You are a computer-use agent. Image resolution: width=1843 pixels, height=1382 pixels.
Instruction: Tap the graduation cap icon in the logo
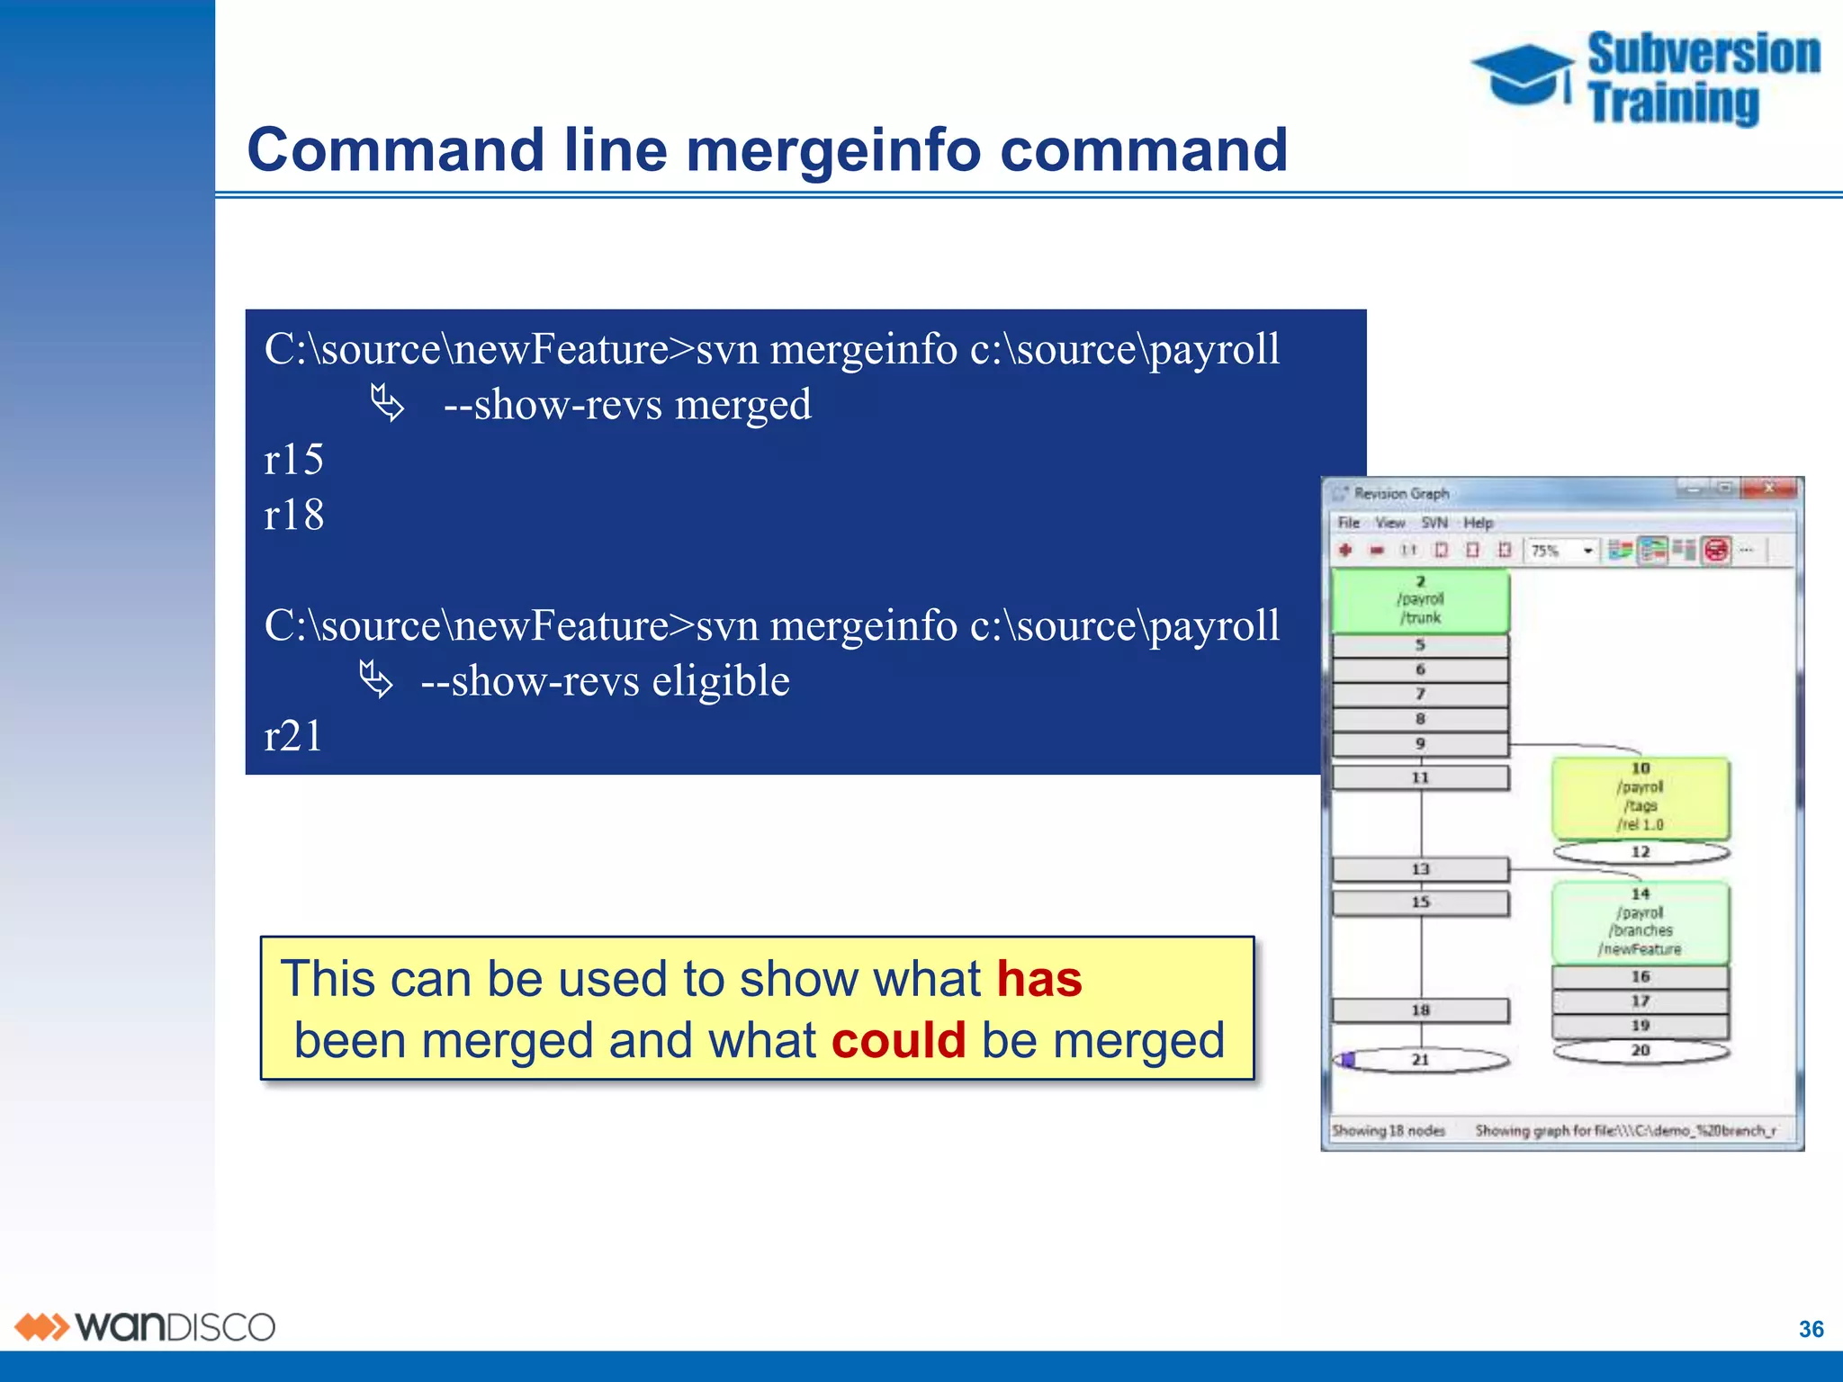coord(1523,74)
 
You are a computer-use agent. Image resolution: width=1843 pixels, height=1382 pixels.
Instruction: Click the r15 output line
coord(293,460)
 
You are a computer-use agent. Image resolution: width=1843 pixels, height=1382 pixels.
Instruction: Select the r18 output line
coord(293,516)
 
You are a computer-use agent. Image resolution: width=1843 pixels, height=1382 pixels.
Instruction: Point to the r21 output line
coord(293,736)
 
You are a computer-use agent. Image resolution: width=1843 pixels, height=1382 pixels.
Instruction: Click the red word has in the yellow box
coord(1038,979)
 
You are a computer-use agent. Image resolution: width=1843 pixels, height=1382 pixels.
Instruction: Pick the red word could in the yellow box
coord(898,1041)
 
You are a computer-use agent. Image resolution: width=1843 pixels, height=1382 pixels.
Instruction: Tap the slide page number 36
coord(1811,1329)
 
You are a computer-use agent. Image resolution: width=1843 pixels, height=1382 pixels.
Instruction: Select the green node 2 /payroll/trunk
coord(1420,600)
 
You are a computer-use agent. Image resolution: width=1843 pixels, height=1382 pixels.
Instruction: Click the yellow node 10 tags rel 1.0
coord(1640,797)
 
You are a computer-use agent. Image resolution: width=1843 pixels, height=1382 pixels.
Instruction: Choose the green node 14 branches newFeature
coord(1640,922)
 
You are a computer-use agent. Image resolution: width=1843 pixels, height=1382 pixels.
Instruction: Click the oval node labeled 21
coord(1420,1060)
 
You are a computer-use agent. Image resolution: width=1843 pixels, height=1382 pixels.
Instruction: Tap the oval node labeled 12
coord(1640,852)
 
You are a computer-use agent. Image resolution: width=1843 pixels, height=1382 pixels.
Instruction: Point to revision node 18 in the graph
coord(1420,1010)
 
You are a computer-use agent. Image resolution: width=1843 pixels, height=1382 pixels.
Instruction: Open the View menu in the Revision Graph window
coord(1389,523)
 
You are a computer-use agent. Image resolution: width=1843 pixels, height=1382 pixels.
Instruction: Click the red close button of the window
coord(1768,489)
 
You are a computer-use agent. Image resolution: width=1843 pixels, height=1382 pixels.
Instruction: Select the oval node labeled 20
coord(1640,1051)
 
